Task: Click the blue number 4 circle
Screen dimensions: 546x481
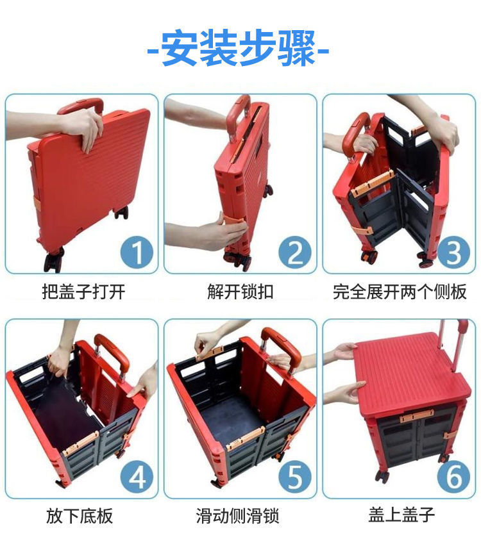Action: click(x=137, y=477)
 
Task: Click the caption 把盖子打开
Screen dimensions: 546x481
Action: click(x=83, y=292)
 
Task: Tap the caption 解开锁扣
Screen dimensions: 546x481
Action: click(x=240, y=292)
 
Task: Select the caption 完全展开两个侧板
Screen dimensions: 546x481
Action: click(x=400, y=292)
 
